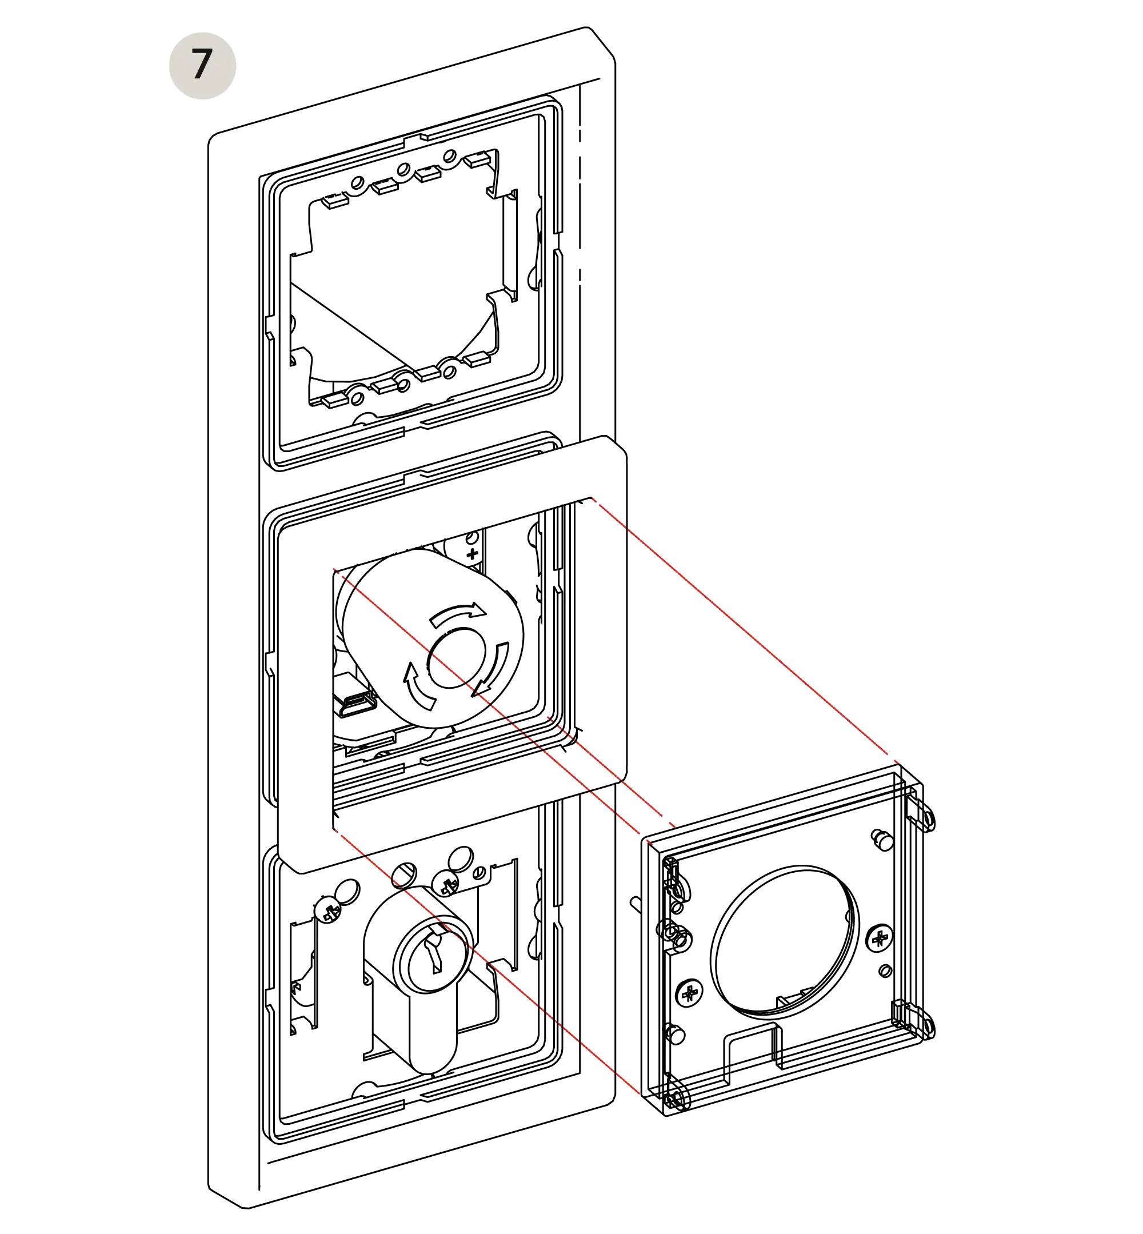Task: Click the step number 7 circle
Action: point(202,65)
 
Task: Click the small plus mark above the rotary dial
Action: point(474,552)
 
